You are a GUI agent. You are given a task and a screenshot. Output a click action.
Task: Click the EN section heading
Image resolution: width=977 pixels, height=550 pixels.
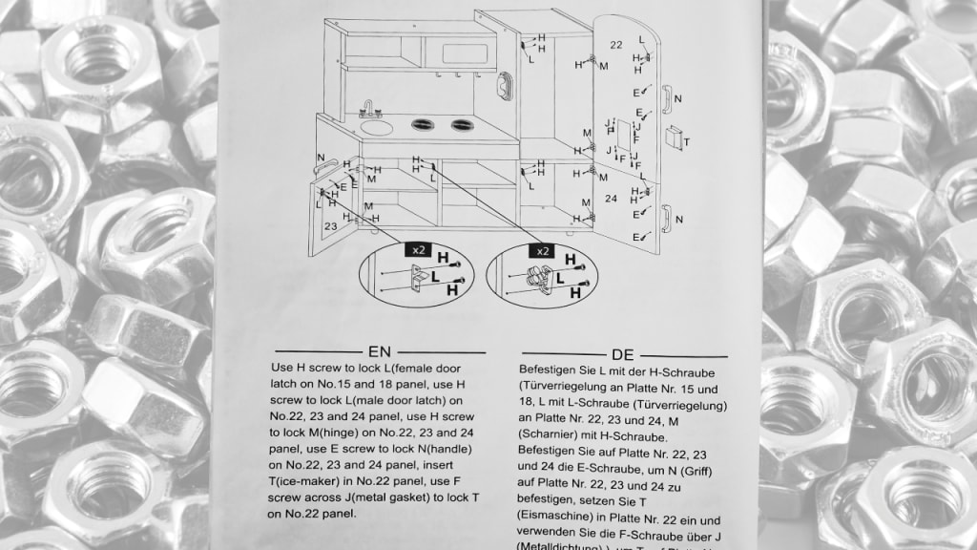tap(379, 350)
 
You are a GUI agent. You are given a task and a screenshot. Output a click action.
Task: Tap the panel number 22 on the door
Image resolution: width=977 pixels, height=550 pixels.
tap(616, 44)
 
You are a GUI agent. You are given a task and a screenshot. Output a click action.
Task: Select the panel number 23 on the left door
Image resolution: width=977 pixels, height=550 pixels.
tap(330, 226)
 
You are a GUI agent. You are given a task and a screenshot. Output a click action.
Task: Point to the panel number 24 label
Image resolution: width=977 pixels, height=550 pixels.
tap(611, 198)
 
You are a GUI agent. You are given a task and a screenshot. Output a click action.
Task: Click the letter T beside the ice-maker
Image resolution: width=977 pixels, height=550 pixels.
tap(687, 140)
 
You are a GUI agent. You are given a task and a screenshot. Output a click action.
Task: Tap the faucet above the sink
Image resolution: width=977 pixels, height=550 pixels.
tap(368, 108)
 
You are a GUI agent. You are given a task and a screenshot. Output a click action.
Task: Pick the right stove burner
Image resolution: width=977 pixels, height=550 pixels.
tap(462, 123)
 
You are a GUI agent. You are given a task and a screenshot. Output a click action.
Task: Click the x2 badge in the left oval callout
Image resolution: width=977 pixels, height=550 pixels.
tap(418, 250)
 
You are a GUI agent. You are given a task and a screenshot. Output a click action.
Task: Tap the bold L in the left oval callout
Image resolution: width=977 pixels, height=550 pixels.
tap(434, 276)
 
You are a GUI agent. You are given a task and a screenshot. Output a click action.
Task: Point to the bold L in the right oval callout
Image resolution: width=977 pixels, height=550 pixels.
tap(561, 278)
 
